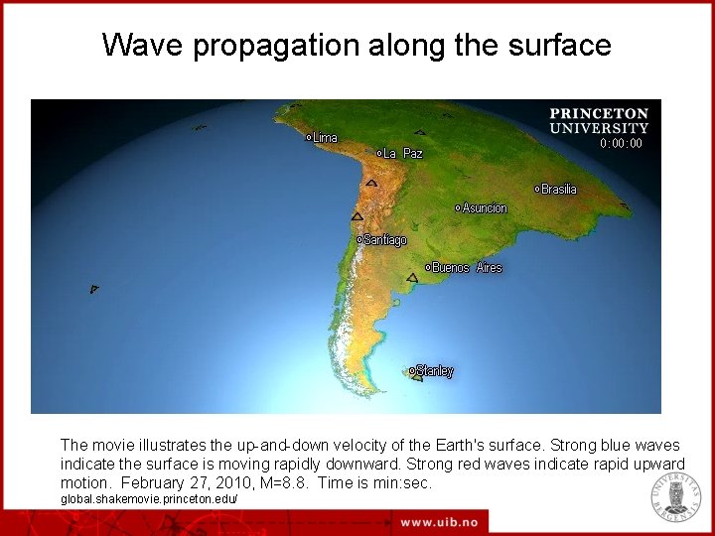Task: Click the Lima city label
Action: [x=325, y=138]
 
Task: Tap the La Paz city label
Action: [x=402, y=154]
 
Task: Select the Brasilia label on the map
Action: [x=558, y=189]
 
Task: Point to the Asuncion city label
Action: [x=484, y=208]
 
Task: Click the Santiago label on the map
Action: [x=384, y=240]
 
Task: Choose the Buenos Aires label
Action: [x=467, y=268]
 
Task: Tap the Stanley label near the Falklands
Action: [x=434, y=371]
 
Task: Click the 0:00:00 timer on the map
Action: [x=621, y=144]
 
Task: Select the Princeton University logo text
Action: [x=599, y=121]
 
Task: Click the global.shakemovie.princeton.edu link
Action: [x=149, y=497]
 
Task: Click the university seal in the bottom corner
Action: [x=675, y=496]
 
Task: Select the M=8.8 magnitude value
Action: [x=285, y=482]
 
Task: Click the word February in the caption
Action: [x=155, y=482]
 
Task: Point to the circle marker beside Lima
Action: [x=309, y=138]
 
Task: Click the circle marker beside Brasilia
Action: [x=537, y=189]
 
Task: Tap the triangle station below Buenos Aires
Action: [x=412, y=278]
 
